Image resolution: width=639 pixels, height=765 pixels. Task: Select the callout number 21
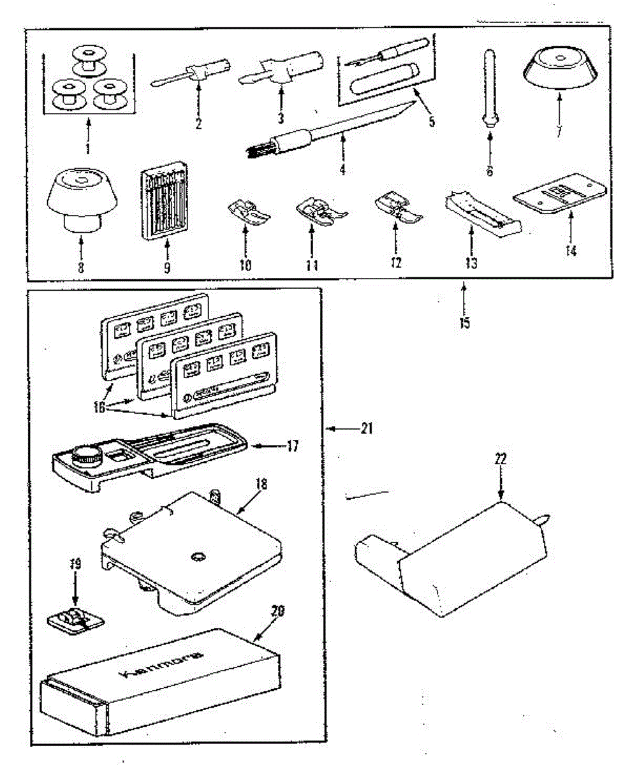365,429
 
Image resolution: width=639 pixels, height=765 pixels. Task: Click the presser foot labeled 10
248,212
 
